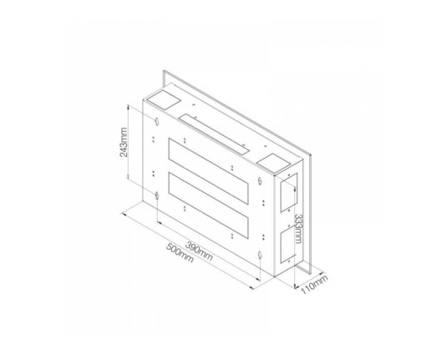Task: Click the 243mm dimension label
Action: (124, 142)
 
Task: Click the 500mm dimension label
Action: (180, 252)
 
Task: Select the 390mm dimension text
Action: (199, 251)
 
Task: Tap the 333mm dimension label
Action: (298, 228)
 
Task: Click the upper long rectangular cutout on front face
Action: (208, 171)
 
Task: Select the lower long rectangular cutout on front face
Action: (208, 205)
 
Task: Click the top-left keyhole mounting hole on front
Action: (156, 121)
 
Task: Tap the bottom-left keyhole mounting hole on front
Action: (157, 195)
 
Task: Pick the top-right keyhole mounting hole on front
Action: (260, 180)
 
